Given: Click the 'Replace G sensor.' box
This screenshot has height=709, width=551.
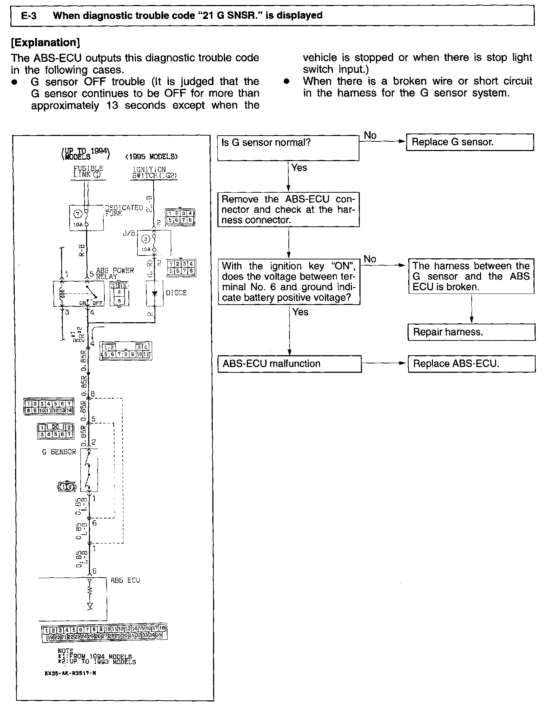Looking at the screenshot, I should (470, 142).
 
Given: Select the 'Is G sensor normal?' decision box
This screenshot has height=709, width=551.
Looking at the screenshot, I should (288, 147).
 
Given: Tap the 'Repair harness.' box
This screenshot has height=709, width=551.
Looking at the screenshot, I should (471, 332).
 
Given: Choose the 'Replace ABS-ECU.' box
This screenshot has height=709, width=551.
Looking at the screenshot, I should (471, 363).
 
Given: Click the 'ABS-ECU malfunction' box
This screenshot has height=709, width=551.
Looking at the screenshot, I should (289, 364).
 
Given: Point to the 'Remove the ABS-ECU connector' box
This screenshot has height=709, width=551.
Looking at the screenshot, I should (288, 210).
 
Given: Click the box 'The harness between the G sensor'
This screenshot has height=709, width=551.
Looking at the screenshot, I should (471, 276).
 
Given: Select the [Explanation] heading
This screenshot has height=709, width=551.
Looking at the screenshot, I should (45, 43).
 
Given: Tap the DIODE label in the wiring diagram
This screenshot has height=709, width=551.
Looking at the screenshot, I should (176, 293).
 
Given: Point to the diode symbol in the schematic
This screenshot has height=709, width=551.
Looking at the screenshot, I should (155, 293).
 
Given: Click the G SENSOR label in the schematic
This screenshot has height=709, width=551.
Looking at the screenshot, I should (59, 452).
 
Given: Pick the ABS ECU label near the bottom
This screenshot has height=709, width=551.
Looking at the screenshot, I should (125, 580).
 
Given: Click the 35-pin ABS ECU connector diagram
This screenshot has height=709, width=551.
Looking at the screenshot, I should (104, 633).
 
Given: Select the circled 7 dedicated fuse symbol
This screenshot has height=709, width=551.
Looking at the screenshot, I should (78, 214).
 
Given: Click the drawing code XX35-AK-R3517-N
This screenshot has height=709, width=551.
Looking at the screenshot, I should (70, 673).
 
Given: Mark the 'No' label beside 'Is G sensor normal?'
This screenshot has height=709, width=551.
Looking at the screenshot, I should (370, 136).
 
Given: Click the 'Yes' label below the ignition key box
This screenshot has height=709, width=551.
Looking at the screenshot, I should (300, 312).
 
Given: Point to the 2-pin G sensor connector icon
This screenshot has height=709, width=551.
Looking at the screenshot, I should (67, 487).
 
